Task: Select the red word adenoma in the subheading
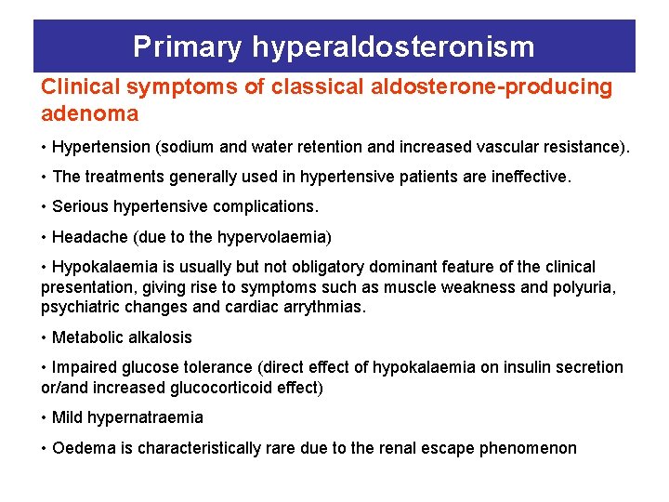click(x=90, y=114)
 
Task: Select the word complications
click(x=262, y=206)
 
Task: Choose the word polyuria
click(x=589, y=286)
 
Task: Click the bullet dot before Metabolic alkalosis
click(x=45, y=337)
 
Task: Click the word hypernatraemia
click(x=148, y=417)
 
